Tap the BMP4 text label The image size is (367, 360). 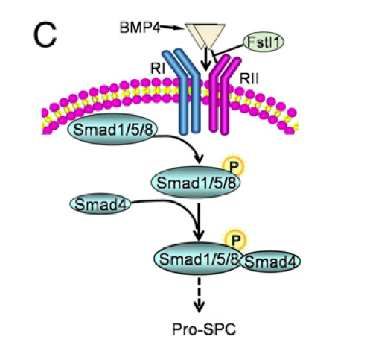pyautogui.click(x=138, y=28)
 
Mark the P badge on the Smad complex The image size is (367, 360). pyautogui.click(x=236, y=240)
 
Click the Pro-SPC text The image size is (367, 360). pyautogui.click(x=197, y=327)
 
